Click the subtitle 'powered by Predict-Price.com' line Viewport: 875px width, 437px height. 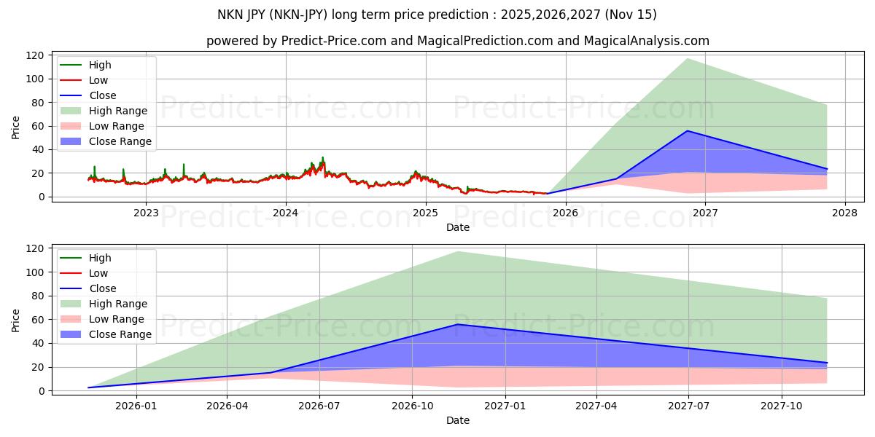click(457, 41)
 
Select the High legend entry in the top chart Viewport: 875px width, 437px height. click(99, 65)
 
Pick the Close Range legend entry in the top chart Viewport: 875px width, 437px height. click(120, 141)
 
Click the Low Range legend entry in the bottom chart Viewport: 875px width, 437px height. click(117, 319)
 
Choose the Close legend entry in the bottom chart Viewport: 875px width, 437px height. click(102, 288)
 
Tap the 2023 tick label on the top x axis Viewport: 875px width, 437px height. click(146, 213)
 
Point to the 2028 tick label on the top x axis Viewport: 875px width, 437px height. click(845, 213)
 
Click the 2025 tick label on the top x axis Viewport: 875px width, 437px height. click(426, 213)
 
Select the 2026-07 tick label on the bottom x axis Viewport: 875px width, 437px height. click(320, 406)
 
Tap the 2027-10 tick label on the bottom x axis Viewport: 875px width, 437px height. click(782, 406)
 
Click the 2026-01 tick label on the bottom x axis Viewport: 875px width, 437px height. click(136, 406)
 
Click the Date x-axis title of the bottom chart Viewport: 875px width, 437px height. click(457, 420)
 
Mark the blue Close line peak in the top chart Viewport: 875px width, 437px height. click(687, 131)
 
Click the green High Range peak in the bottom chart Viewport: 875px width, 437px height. click(458, 252)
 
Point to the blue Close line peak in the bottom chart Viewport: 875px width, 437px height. click(458, 324)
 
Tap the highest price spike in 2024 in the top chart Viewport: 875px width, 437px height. click(323, 157)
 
